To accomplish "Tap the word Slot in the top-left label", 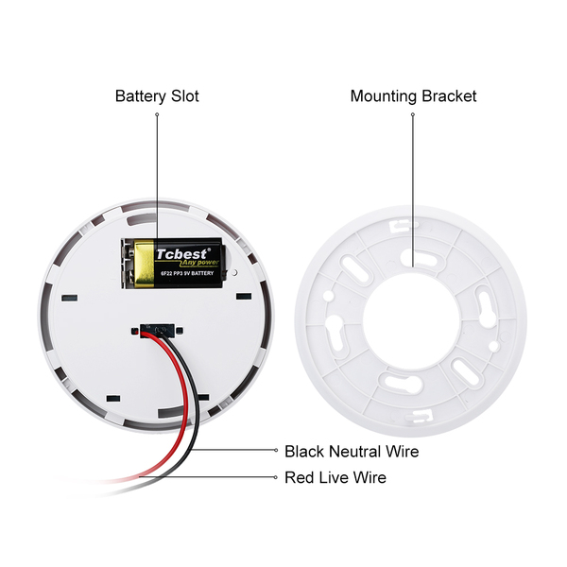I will tap(185, 96).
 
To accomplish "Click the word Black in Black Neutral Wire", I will tap(304, 452).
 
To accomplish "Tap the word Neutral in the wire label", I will tap(357, 452).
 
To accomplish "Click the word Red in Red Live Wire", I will tap(299, 478).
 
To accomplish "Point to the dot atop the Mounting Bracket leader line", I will tap(413, 114).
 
